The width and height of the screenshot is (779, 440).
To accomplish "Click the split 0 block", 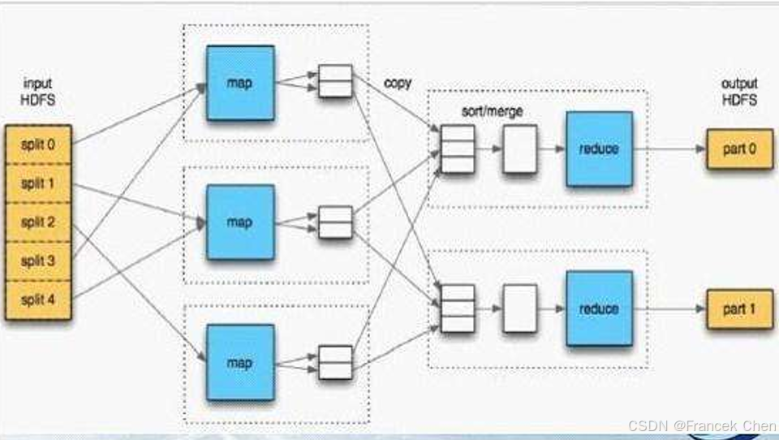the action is click(38, 145).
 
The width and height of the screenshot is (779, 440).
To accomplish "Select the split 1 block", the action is click(38, 183).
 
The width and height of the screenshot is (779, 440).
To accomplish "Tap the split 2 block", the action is click(38, 222).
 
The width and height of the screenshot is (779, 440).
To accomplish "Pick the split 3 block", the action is click(38, 261).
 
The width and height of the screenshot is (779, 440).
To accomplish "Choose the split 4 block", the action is click(38, 300).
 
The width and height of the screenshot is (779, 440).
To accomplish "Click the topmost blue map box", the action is click(240, 83).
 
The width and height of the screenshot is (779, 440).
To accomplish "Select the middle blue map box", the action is click(240, 222).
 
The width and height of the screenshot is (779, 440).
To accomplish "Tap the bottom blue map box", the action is click(240, 362).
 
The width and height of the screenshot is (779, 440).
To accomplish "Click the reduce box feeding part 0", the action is click(600, 149).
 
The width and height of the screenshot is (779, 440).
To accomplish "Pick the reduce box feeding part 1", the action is click(600, 308).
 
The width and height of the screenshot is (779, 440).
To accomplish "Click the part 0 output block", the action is click(740, 149).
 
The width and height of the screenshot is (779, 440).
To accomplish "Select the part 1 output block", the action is click(740, 309).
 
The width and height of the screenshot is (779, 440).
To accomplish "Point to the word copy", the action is click(398, 83).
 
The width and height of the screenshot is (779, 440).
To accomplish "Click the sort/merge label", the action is click(493, 111).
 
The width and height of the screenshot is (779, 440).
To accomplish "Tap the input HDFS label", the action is click(38, 92).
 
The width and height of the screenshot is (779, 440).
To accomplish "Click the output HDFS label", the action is click(740, 92).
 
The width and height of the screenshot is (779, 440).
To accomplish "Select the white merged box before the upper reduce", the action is click(520, 149).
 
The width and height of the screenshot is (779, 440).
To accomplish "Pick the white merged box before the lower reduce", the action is click(520, 308).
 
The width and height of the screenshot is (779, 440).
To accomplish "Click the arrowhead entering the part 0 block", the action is click(701, 149).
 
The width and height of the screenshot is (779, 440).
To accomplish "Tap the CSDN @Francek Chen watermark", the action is click(702, 426).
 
